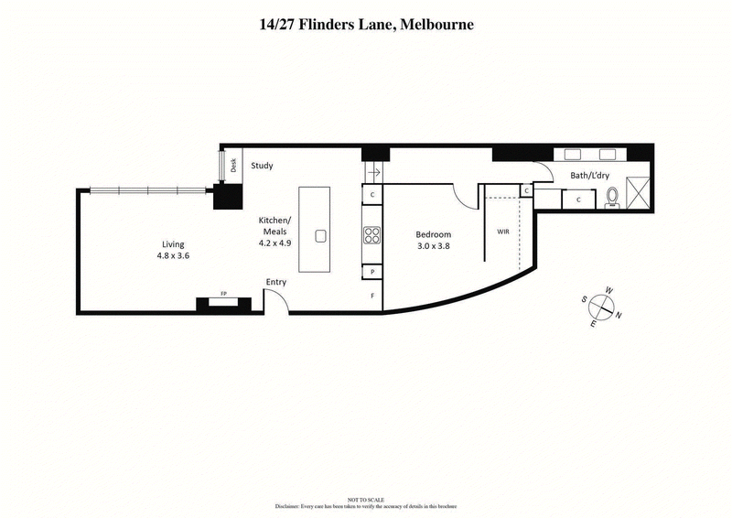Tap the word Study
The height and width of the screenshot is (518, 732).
click(264, 166)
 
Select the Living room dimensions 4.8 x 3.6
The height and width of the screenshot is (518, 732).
click(174, 256)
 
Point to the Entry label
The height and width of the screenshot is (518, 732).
click(275, 282)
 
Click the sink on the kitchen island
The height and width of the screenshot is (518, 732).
click(320, 235)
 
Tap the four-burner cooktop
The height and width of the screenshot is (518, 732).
click(372, 235)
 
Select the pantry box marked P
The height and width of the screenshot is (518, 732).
click(372, 273)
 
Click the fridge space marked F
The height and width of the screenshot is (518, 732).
click(372, 296)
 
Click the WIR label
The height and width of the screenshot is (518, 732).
click(502, 232)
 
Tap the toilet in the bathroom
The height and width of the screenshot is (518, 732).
click(612, 196)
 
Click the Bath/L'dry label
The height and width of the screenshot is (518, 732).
click(589, 175)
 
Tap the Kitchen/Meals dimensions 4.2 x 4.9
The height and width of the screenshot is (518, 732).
click(274, 243)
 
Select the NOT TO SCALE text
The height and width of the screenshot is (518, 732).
click(366, 499)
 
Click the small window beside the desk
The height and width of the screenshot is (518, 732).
click(221, 166)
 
